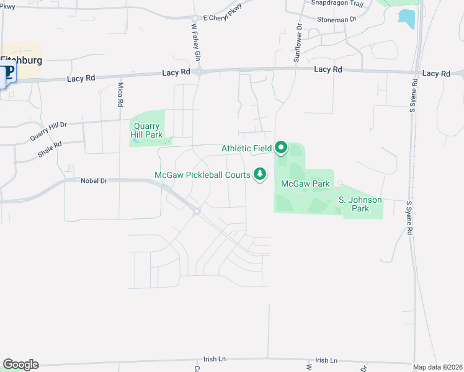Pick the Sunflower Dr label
[297, 43]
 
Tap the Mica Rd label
[120, 94]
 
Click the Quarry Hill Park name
[148, 130]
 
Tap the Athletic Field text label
[246, 148]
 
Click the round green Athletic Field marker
[281, 148]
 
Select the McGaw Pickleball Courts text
[202, 175]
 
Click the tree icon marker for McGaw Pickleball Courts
[261, 175]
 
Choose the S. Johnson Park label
[360, 204]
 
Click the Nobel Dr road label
[94, 181]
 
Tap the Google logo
[20, 365]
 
